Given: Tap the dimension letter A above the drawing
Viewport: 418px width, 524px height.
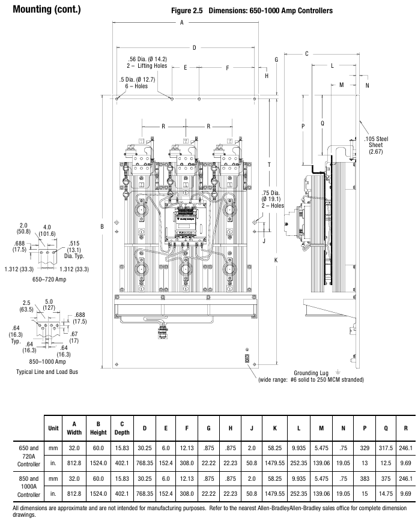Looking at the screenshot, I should tap(181, 22).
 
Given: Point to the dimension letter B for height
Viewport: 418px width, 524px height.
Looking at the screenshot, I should tap(103, 226).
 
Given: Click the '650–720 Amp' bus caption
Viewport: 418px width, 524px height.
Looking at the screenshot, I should tap(49, 280).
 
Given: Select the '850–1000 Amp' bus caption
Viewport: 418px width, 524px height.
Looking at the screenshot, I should tap(49, 362).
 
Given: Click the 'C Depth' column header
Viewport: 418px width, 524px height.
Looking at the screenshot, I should tap(122, 428).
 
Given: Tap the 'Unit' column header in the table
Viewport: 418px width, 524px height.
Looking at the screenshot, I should tap(53, 428).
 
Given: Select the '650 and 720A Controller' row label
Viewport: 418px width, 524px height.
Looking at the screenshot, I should tap(29, 456).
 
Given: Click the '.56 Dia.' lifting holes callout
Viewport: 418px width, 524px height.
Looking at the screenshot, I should tap(147, 62).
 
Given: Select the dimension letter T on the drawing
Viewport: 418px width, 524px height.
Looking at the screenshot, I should tap(270, 164).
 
